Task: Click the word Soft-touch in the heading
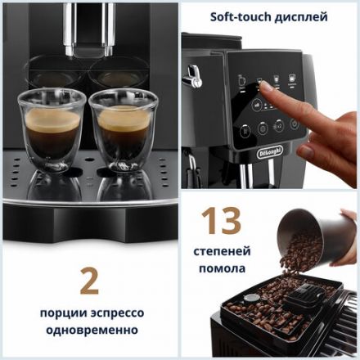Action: pyautogui.click(x=238, y=16)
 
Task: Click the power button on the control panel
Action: pyautogui.click(x=245, y=128)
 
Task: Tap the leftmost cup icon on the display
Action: pyautogui.click(x=241, y=81)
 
